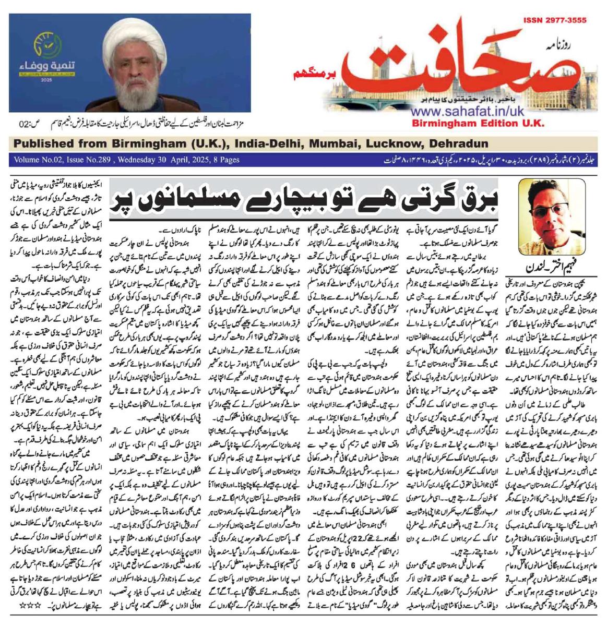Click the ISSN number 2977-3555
click(554, 20)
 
